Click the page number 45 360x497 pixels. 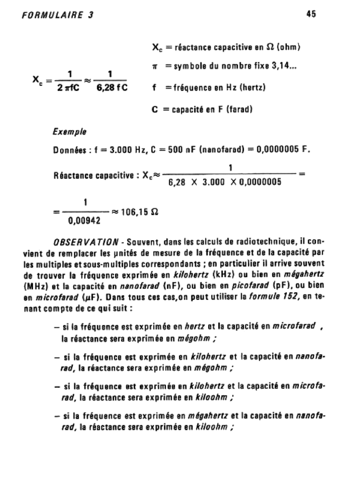pyautogui.click(x=311, y=15)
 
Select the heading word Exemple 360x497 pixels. pyautogui.click(x=67, y=131)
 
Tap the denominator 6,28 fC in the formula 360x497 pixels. pyautogui.click(x=111, y=89)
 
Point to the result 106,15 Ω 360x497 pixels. pyautogui.click(x=140, y=213)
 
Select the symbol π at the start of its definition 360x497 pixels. pyautogui.click(x=154, y=69)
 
